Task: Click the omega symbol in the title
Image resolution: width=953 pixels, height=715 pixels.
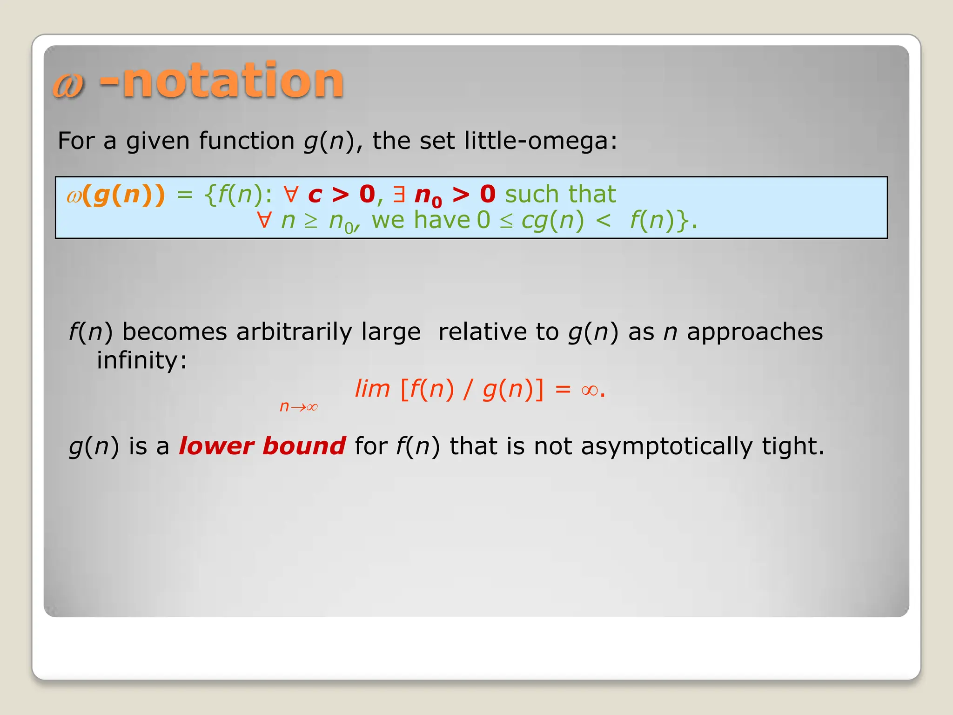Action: click(68, 85)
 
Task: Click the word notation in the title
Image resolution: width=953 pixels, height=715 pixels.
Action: click(233, 81)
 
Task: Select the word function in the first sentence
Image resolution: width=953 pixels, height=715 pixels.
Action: click(247, 141)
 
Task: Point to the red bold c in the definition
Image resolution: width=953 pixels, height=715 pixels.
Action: click(315, 195)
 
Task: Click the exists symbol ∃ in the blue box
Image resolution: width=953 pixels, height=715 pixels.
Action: click(399, 195)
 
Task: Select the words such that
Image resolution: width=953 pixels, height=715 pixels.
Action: click(560, 195)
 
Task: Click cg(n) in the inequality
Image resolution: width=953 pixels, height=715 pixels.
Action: click(552, 221)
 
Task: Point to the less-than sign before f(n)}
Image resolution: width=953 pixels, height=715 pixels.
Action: click(603, 221)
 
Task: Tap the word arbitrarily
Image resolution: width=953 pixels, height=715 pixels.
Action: click(294, 332)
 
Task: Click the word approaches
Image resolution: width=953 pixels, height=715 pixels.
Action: click(755, 332)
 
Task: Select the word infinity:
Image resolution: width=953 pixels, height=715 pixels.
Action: click(141, 360)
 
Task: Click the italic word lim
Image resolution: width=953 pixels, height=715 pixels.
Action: click(372, 389)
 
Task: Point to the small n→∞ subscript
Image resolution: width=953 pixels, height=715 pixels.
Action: click(298, 407)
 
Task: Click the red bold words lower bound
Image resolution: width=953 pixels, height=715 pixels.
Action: click(262, 446)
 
